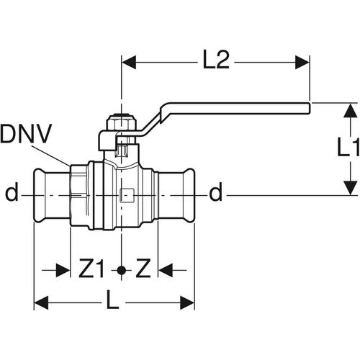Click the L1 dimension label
(x=348, y=147)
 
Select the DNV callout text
(x=26, y=134)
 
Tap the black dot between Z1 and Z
(x=122, y=271)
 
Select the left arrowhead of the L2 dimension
(x=129, y=63)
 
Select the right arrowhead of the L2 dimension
(x=302, y=63)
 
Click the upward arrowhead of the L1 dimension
(x=351, y=110)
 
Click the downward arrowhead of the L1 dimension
(x=351, y=188)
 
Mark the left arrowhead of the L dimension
(x=41, y=302)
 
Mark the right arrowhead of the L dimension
(x=187, y=302)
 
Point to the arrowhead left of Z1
(x=63, y=271)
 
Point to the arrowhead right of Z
(x=166, y=271)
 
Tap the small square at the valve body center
(x=127, y=195)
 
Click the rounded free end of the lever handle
(x=309, y=108)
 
